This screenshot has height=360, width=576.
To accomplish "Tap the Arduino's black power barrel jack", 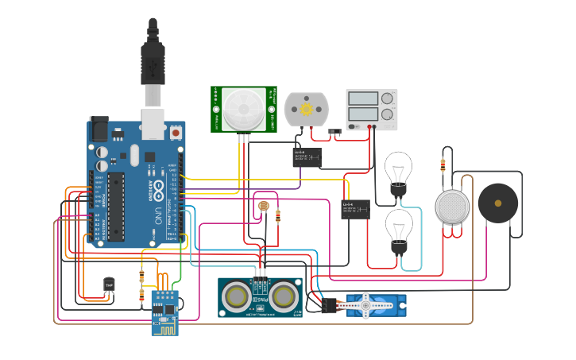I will pyautogui.click(x=99, y=128).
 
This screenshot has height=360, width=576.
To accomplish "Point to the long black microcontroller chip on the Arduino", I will pyautogui.click(x=116, y=206).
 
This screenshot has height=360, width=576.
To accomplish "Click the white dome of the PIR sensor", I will pyautogui.click(x=243, y=109).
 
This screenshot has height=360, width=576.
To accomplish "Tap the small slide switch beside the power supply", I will pyautogui.click(x=335, y=131).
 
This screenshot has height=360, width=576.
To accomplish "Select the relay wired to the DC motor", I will pyautogui.click(x=307, y=157).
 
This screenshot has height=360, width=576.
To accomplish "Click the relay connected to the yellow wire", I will pyautogui.click(x=355, y=209).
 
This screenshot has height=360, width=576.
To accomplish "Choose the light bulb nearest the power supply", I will pyautogui.click(x=398, y=170).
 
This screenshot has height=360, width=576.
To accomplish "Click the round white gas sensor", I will pyautogui.click(x=452, y=207).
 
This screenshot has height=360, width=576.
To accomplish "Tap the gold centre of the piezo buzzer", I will pyautogui.click(x=498, y=204).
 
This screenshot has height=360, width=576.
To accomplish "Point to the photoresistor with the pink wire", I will pyautogui.click(x=263, y=207).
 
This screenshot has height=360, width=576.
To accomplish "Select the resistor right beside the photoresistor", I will pyautogui.click(x=278, y=215).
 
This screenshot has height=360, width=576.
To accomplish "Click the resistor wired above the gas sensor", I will pyautogui.click(x=443, y=166).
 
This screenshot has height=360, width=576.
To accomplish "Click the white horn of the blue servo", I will pyautogui.click(x=366, y=304).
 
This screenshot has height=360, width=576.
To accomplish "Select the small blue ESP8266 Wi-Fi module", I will pyautogui.click(x=165, y=312).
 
